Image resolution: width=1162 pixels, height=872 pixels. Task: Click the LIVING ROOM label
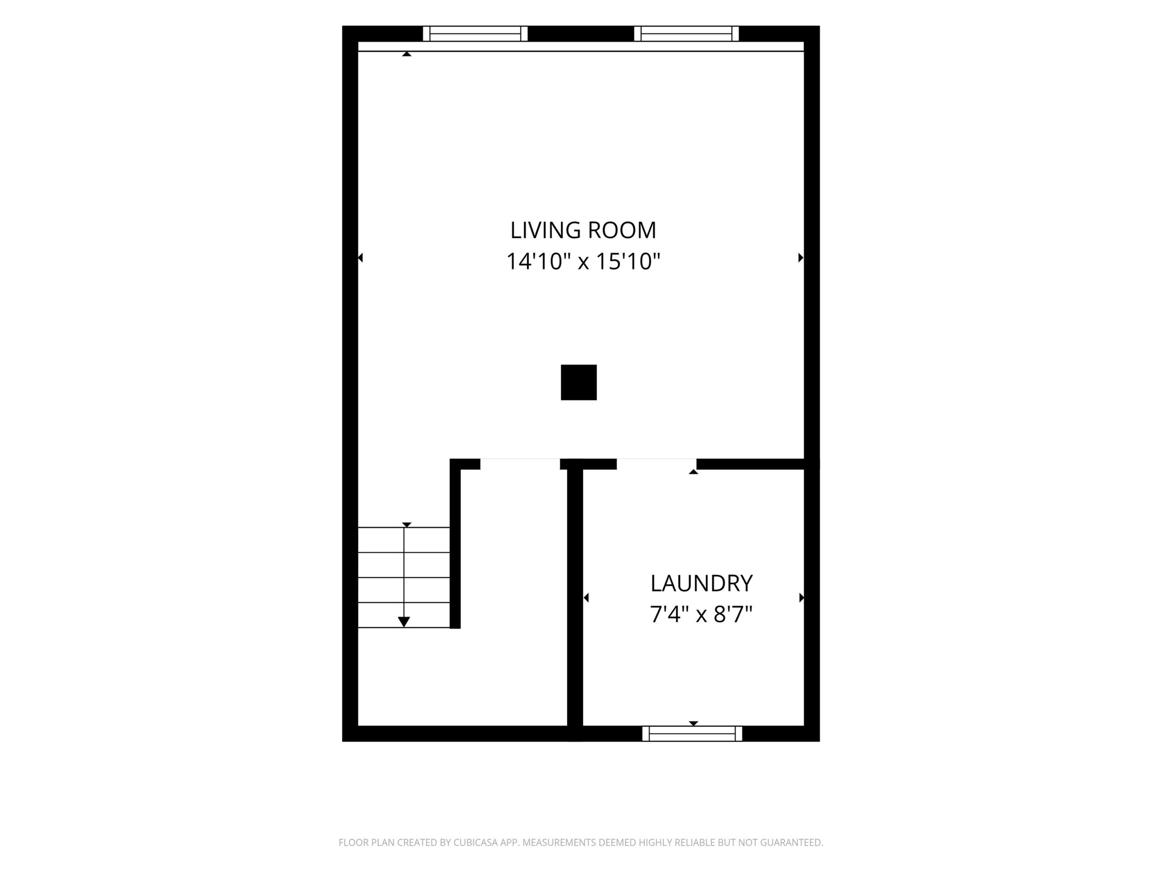(583, 230)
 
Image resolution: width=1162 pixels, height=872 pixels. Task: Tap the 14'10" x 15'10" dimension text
(583, 261)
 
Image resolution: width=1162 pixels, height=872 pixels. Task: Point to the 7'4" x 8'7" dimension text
(701, 614)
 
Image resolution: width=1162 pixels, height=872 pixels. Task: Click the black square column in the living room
(578, 382)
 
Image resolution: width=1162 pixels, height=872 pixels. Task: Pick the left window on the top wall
(475, 34)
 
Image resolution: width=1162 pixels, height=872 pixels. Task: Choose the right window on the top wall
(686, 34)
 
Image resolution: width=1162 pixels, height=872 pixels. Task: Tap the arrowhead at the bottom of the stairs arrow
(404, 622)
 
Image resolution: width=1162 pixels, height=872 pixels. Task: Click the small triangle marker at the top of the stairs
(406, 525)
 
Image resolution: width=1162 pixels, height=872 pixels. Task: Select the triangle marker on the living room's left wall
(360, 258)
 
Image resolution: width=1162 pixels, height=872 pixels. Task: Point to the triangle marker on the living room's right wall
(801, 258)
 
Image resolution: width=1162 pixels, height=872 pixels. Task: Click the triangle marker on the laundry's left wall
(586, 598)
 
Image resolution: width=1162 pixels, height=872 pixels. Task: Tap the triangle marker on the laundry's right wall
(802, 598)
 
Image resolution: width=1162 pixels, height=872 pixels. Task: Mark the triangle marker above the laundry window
(694, 723)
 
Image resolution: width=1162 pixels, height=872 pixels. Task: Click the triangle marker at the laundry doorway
(694, 472)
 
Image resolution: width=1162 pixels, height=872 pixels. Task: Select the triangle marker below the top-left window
(406, 54)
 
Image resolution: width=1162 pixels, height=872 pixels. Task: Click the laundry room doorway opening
(657, 464)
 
